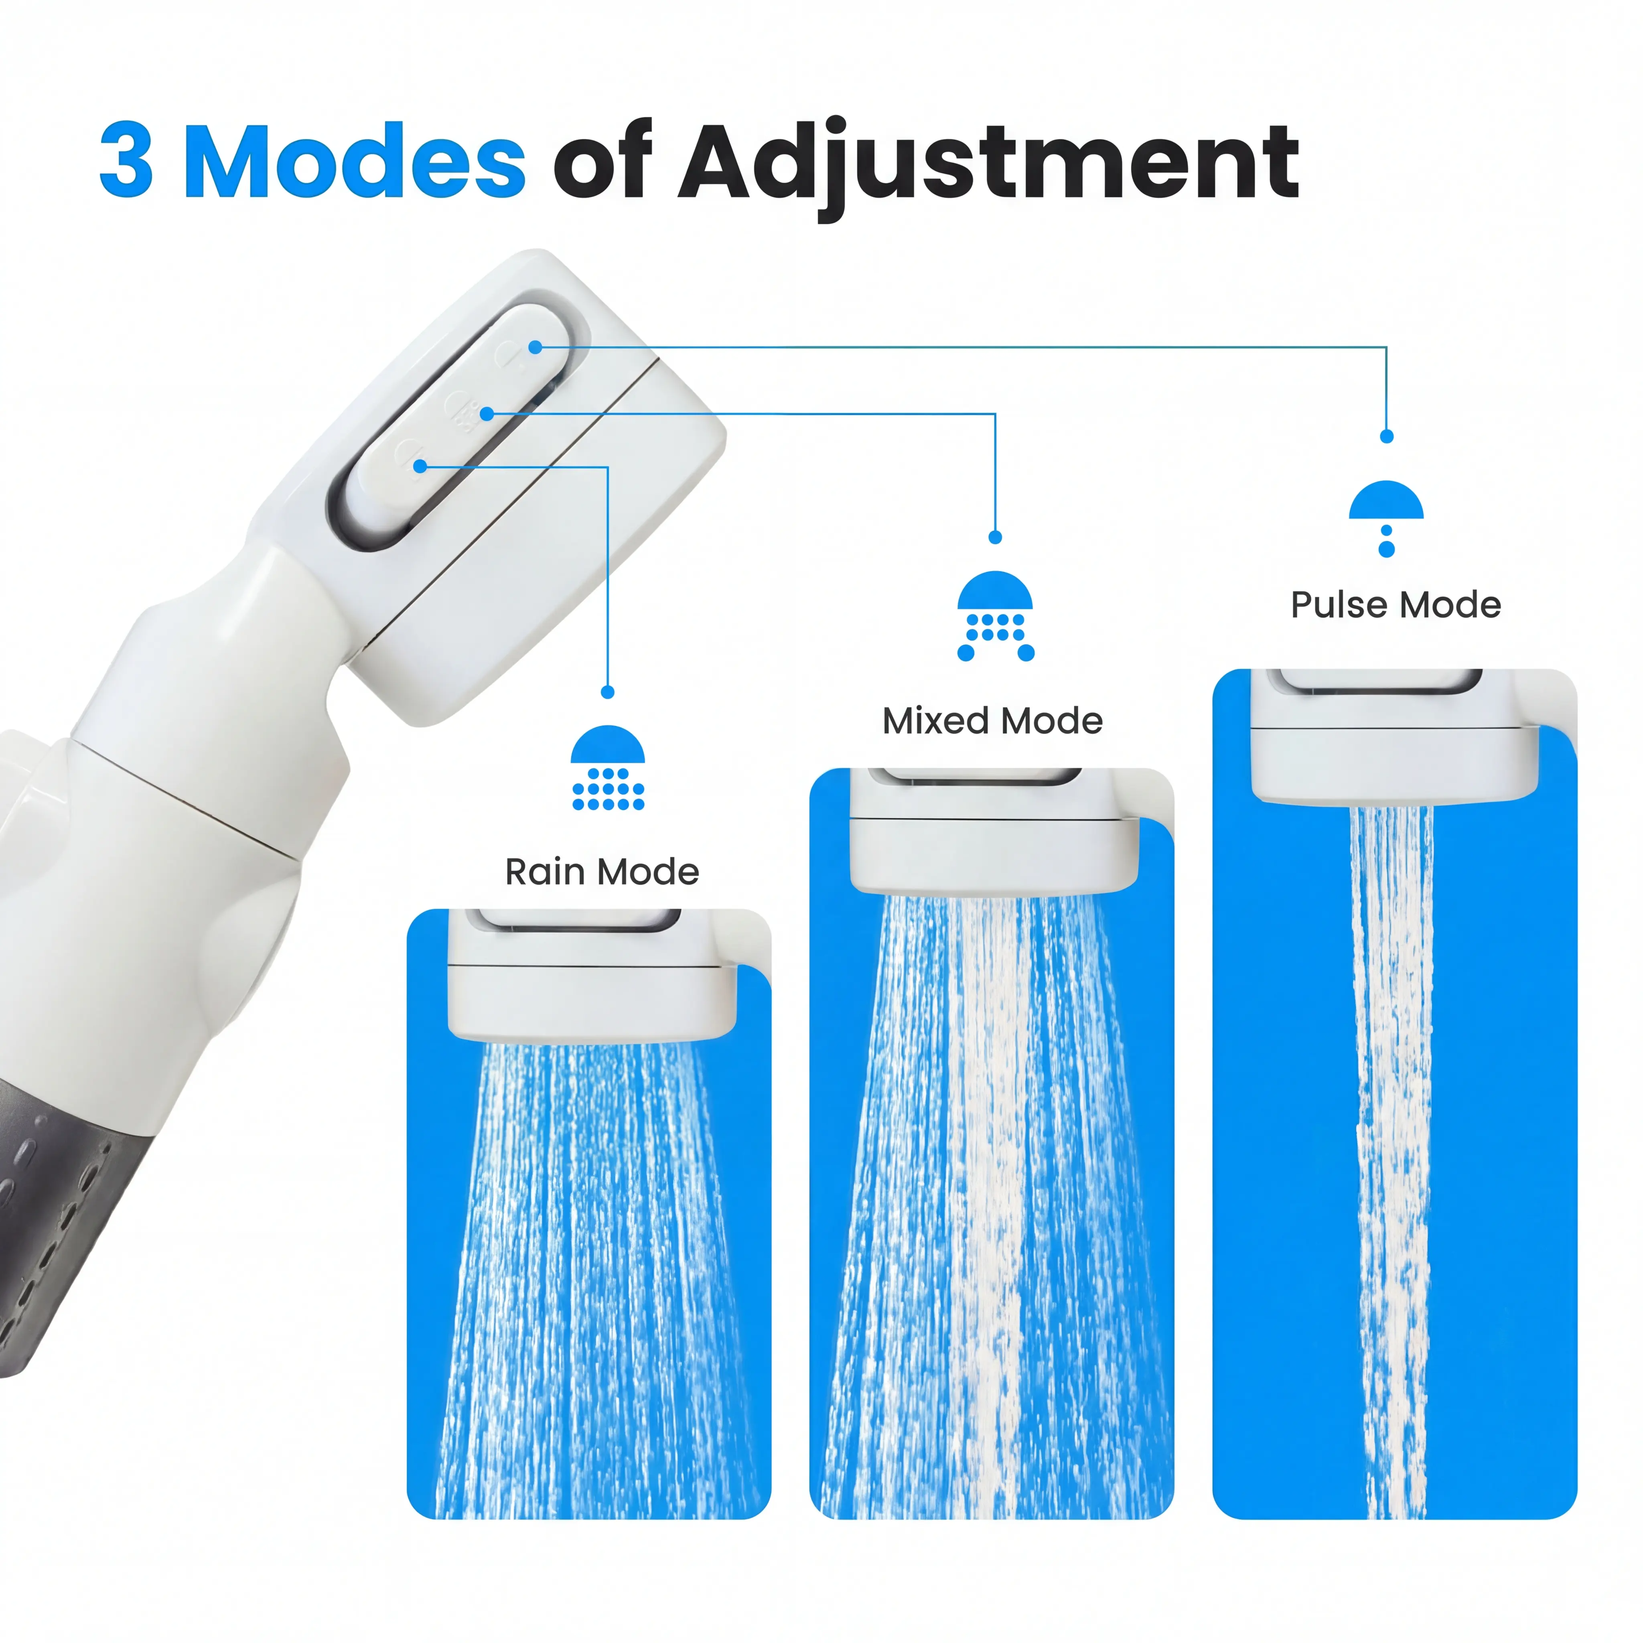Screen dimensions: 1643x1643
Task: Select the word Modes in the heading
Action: pyautogui.click(x=355, y=159)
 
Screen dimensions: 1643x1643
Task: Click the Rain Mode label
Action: pyautogui.click(x=602, y=872)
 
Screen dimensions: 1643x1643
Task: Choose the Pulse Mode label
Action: pyautogui.click(x=1396, y=604)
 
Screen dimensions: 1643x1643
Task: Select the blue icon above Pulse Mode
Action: pyautogui.click(x=1386, y=518)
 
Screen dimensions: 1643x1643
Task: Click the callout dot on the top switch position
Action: pyautogui.click(x=535, y=347)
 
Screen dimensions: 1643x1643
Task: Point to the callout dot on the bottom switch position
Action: pyautogui.click(x=420, y=466)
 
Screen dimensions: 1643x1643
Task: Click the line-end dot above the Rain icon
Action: pyautogui.click(x=607, y=692)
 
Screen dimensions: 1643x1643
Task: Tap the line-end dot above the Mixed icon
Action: pyautogui.click(x=995, y=538)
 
